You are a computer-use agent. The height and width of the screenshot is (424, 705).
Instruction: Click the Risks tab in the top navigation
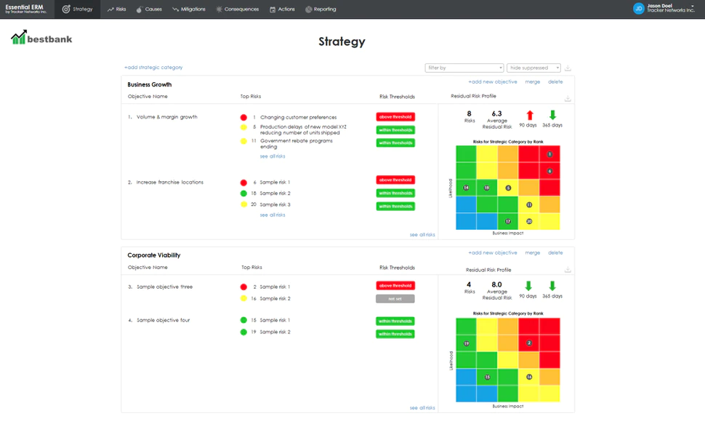click(116, 9)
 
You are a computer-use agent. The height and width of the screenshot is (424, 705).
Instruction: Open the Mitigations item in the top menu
click(189, 9)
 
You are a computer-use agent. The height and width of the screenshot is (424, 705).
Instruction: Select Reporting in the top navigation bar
click(321, 9)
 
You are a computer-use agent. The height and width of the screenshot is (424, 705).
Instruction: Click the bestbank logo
click(42, 38)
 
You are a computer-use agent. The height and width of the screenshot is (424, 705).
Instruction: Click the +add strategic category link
click(153, 68)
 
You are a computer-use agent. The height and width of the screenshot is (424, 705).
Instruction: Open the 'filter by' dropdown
click(464, 68)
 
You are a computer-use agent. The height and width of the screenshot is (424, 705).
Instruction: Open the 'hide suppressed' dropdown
click(533, 68)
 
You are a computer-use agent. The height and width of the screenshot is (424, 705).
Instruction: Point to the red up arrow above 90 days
click(530, 115)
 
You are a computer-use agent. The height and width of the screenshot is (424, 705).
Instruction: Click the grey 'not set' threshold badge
click(395, 299)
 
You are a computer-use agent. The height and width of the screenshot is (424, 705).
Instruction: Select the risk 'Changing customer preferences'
click(298, 117)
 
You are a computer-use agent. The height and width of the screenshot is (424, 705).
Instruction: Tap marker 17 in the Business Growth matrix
click(508, 221)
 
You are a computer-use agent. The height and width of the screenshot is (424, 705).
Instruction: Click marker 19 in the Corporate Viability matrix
click(466, 343)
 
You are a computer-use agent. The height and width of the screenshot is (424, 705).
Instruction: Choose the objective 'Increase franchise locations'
click(169, 183)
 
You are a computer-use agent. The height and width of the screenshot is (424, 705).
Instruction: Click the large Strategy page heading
click(342, 41)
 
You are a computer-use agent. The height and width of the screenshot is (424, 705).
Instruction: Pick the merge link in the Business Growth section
click(533, 82)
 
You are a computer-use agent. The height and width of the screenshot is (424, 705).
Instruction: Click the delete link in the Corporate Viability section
click(555, 253)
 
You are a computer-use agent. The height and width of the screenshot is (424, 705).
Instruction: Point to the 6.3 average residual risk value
click(497, 113)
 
